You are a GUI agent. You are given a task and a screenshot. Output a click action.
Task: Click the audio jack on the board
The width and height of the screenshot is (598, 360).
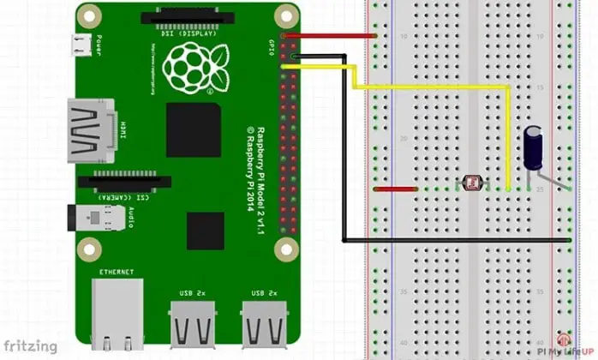coord(80,221)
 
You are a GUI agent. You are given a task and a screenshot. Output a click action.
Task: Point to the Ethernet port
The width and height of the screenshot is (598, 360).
coord(117,310)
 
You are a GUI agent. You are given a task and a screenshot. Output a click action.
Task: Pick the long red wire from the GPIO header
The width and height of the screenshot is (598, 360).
coord(330,36)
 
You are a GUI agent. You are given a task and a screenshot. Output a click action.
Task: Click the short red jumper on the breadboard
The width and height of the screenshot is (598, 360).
coord(395,189)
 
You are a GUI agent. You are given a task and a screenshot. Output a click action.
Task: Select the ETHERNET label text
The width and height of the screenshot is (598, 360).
coord(117,272)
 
